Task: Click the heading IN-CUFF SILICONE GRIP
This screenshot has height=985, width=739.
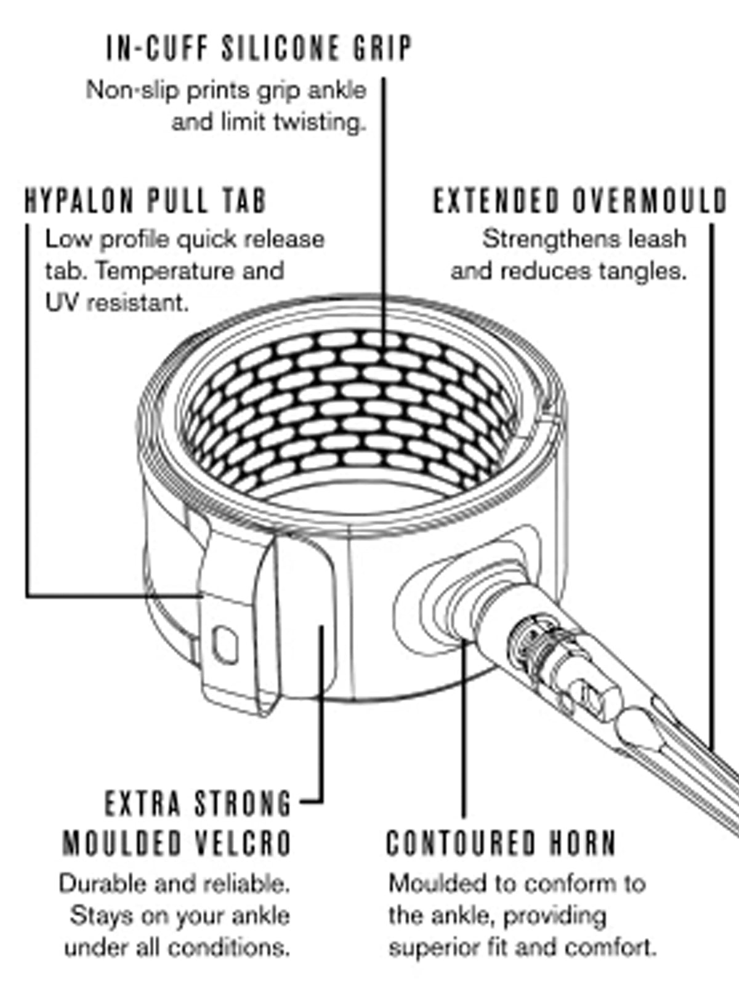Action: (259, 49)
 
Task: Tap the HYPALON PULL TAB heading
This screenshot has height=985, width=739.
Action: (146, 201)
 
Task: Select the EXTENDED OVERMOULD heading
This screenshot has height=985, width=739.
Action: (580, 201)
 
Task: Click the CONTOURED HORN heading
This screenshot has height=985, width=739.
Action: (501, 843)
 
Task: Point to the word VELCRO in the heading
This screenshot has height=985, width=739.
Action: (243, 843)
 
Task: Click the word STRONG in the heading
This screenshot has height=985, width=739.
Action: (243, 804)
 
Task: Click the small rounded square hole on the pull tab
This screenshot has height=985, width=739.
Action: (225, 645)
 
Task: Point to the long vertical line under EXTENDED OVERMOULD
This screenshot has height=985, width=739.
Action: (713, 486)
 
